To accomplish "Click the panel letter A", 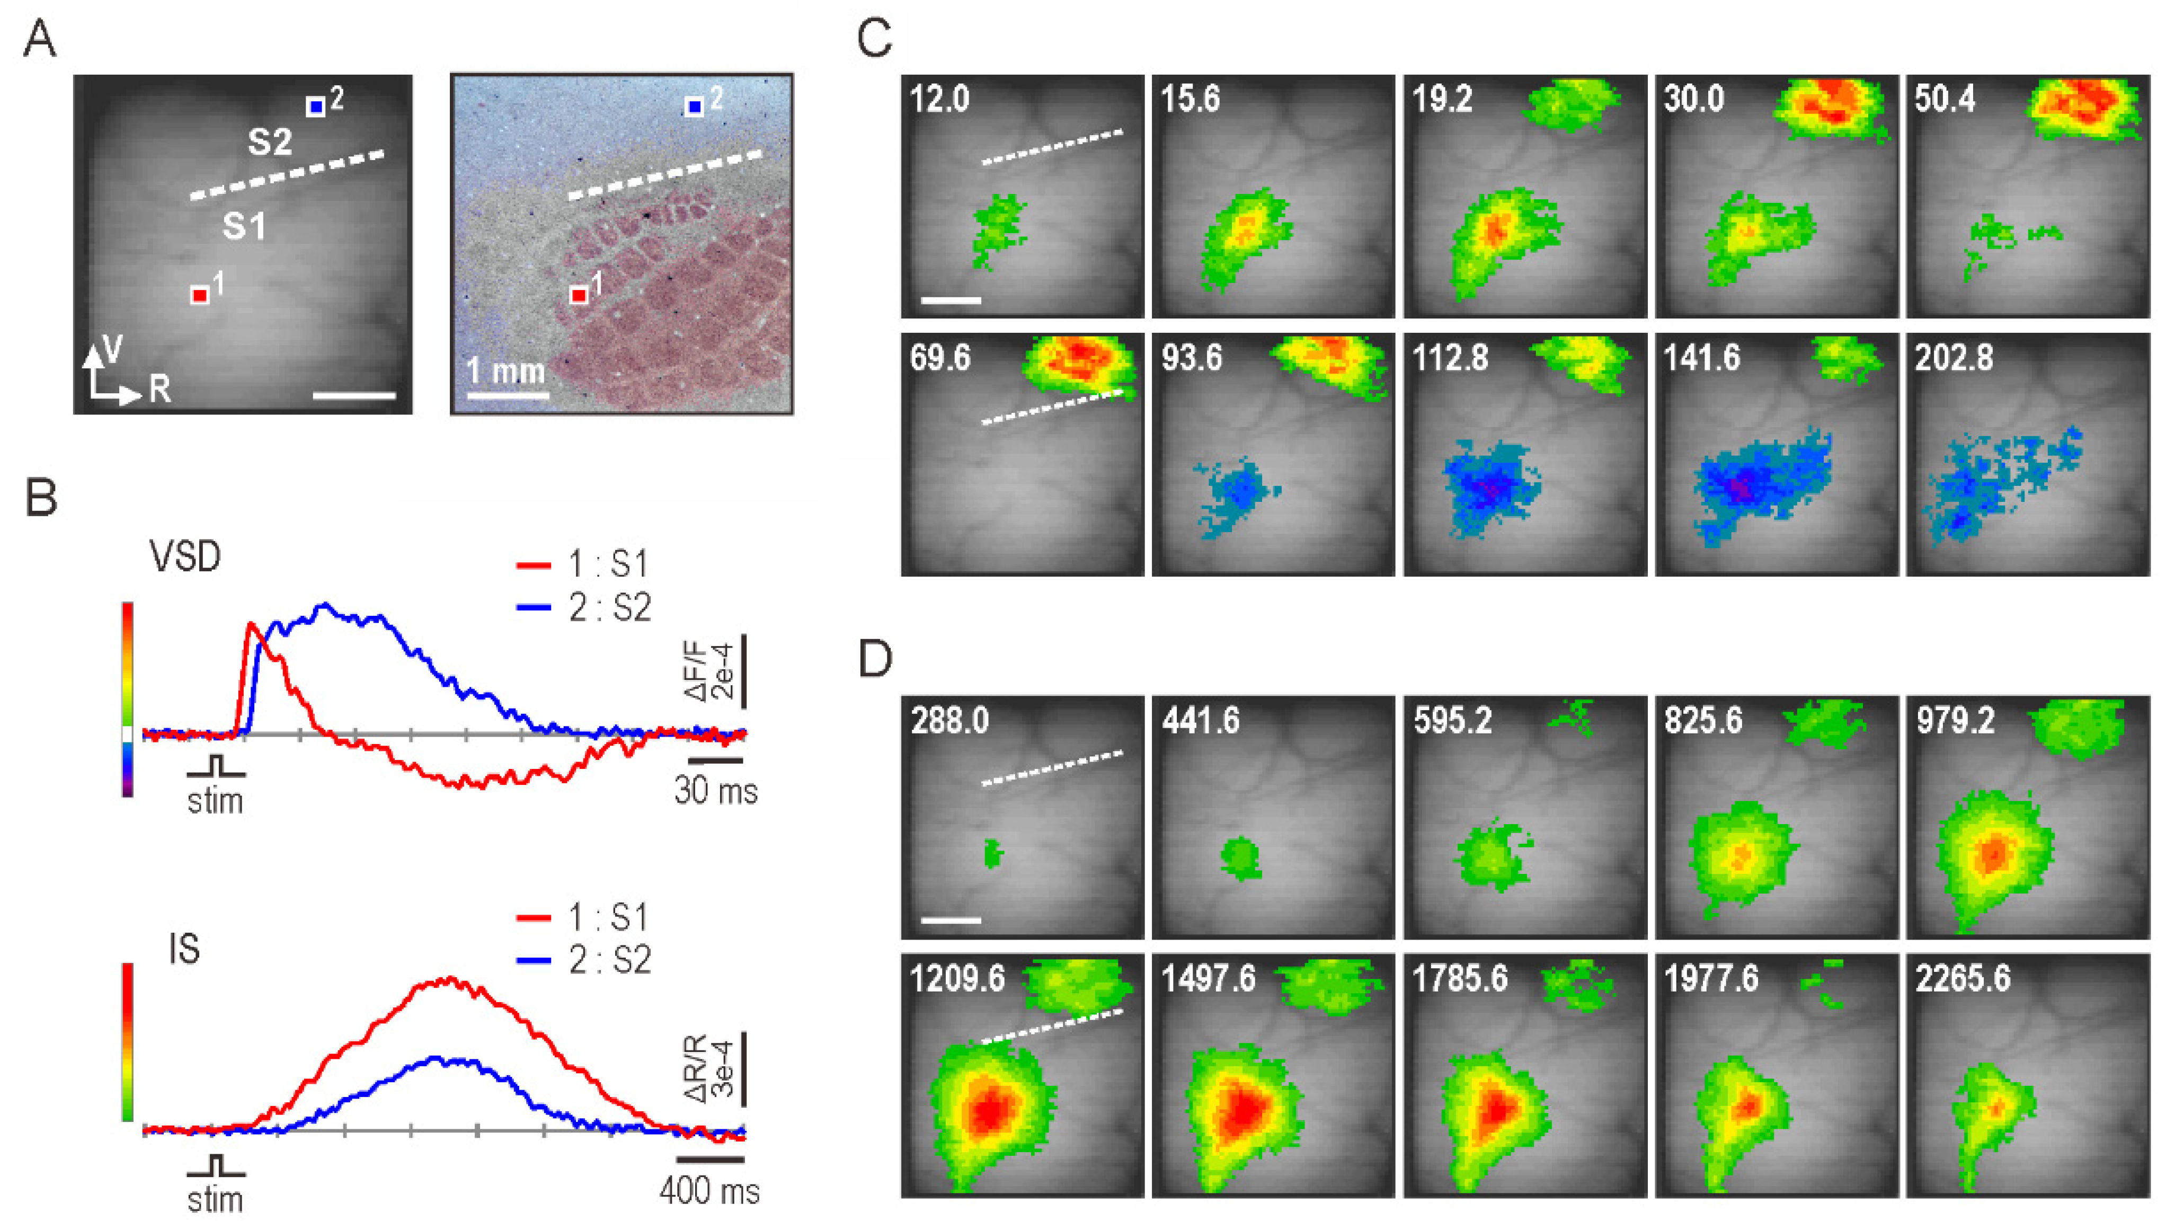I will (40, 40).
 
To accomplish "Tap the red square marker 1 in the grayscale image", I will (199, 295).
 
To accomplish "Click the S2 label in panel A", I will (270, 142).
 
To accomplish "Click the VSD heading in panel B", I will (185, 556).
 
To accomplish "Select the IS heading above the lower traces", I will (184, 949).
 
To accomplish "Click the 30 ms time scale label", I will (715, 791).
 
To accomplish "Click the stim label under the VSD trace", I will (215, 801).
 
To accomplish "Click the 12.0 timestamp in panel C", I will (939, 99).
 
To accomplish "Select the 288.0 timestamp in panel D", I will (949, 721).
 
